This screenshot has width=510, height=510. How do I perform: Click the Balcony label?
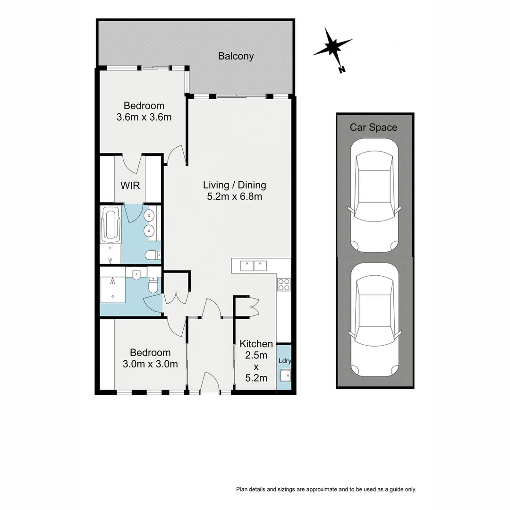[236, 56]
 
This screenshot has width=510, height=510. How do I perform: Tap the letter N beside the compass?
[342, 70]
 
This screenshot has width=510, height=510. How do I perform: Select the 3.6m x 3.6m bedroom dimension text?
[144, 117]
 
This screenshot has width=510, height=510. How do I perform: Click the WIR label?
[130, 186]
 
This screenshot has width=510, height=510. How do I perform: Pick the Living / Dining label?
[235, 185]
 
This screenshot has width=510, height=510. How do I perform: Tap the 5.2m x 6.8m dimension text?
[235, 196]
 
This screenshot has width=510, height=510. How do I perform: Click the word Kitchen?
[256, 344]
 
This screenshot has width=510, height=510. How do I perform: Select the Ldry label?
[285, 361]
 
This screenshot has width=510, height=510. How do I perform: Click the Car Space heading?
[373, 127]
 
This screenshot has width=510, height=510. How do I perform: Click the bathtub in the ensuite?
[111, 223]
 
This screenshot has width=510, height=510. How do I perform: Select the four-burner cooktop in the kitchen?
[284, 285]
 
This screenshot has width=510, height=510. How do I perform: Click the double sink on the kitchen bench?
[254, 266]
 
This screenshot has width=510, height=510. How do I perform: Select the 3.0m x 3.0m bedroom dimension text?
[150, 364]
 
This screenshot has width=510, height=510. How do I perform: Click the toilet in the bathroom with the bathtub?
[152, 255]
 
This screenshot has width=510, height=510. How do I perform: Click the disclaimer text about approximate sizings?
[326, 489]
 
